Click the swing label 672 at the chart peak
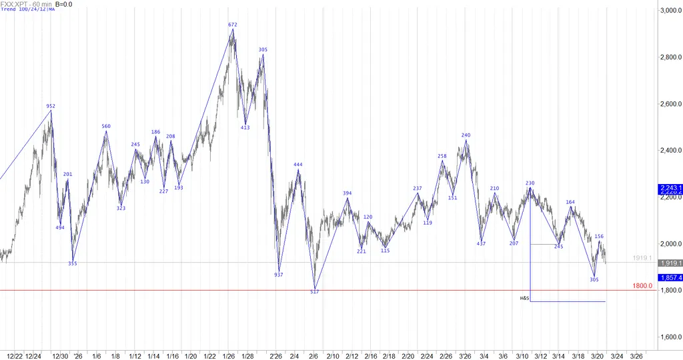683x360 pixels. pos(232,25)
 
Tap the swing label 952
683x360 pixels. pos(51,106)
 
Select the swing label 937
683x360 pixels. pos(278,274)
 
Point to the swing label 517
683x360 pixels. pos(315,291)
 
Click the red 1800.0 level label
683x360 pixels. pos(642,286)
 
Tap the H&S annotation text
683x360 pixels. pos(524,297)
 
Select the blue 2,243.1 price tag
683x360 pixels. pos(669,188)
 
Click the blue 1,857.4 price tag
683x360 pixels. pos(669,277)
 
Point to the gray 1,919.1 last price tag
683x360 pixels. pos(669,263)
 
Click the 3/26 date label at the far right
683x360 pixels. pos(636,355)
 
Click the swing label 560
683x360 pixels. pos(106,126)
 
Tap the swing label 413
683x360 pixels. pos(245,127)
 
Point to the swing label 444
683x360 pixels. pos(298,164)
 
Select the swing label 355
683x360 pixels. pos(73,263)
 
